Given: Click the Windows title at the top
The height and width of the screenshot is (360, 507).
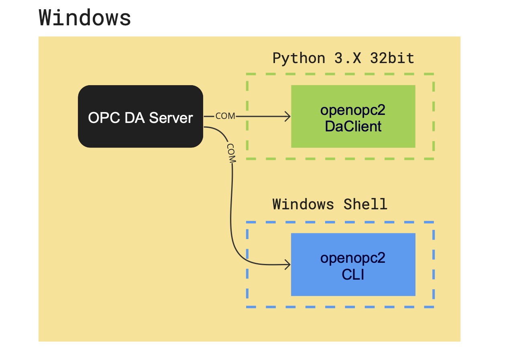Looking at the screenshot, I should (85, 18).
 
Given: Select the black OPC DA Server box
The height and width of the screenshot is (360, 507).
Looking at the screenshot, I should (140, 117).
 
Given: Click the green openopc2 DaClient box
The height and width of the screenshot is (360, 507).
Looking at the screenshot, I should (353, 116).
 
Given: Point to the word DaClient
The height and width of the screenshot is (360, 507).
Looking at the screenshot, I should (353, 127).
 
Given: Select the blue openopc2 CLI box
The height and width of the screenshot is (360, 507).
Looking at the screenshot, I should (353, 264).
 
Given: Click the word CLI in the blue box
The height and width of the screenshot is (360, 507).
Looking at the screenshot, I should (353, 275).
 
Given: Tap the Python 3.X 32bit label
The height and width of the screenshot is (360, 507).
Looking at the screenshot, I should (343, 58).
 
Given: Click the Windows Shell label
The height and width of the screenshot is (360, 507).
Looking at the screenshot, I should (330, 204).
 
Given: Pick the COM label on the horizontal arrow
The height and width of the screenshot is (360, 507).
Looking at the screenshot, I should (225, 116).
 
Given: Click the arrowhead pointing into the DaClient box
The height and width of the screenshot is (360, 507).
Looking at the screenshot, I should (287, 117).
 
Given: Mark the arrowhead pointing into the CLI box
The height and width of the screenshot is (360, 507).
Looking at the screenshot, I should (287, 264).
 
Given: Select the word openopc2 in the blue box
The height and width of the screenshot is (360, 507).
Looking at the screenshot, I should (353, 258).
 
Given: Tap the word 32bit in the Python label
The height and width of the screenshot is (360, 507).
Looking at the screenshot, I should (392, 58).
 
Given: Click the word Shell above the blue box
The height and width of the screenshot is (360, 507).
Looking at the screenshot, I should (365, 204).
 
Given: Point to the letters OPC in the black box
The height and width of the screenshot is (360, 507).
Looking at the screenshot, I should (100, 118).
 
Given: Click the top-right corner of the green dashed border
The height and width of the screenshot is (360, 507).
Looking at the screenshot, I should (434, 74).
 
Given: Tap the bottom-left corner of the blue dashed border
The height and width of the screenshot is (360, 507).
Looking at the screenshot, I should (247, 307).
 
